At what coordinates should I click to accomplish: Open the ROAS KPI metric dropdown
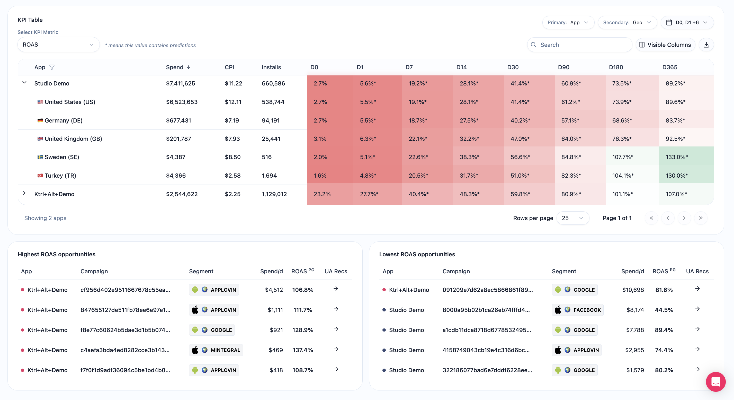tap(58, 45)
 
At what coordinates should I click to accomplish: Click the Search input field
tap(580, 45)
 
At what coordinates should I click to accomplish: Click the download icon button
tap(706, 45)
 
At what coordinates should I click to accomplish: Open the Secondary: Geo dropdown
tap(627, 23)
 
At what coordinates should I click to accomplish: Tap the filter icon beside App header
tap(52, 67)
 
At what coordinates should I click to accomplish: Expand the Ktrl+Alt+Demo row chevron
tap(24, 193)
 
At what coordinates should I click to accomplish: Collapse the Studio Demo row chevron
tap(24, 83)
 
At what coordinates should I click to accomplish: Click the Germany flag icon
tap(40, 120)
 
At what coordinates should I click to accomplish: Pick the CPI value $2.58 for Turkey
tap(232, 176)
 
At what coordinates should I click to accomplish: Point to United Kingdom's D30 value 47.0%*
tap(520, 139)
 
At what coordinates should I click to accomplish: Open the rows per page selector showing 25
tap(573, 218)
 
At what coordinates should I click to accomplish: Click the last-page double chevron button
tap(701, 218)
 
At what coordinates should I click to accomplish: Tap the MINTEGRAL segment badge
tap(216, 350)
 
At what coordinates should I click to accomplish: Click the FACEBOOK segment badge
tap(578, 310)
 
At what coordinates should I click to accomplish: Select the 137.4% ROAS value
tap(303, 350)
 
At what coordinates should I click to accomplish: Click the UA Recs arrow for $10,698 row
tap(697, 289)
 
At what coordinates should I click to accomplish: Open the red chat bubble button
tap(715, 382)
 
